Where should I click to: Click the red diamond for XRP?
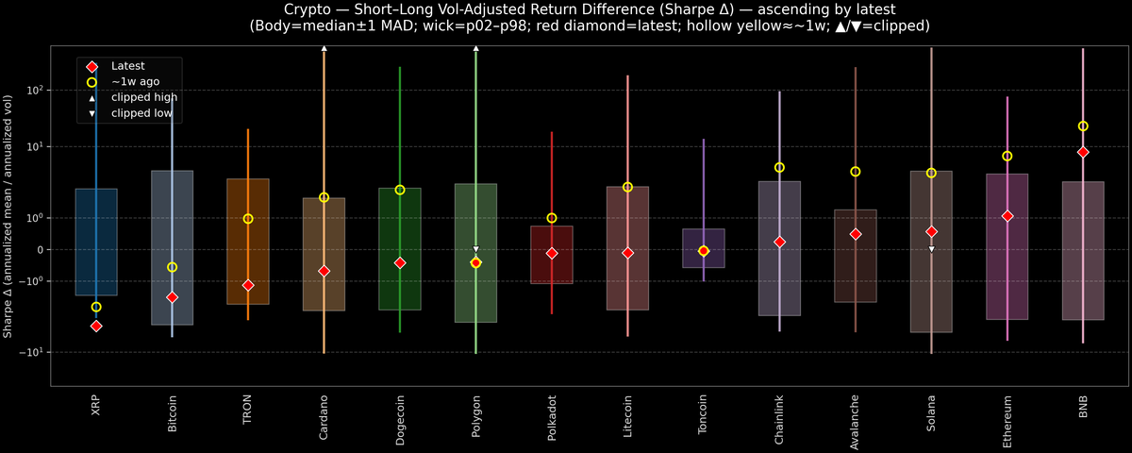point(95,326)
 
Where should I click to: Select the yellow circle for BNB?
point(1083,126)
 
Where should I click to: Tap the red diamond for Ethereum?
point(1007,216)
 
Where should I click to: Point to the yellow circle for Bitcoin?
point(172,267)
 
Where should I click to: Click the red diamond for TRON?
point(248,285)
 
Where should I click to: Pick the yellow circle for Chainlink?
point(779,167)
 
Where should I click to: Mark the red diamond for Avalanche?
point(856,234)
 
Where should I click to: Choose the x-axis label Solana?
point(931,415)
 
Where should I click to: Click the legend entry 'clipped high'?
point(143,97)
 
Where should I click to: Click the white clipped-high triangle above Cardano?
point(324,47)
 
